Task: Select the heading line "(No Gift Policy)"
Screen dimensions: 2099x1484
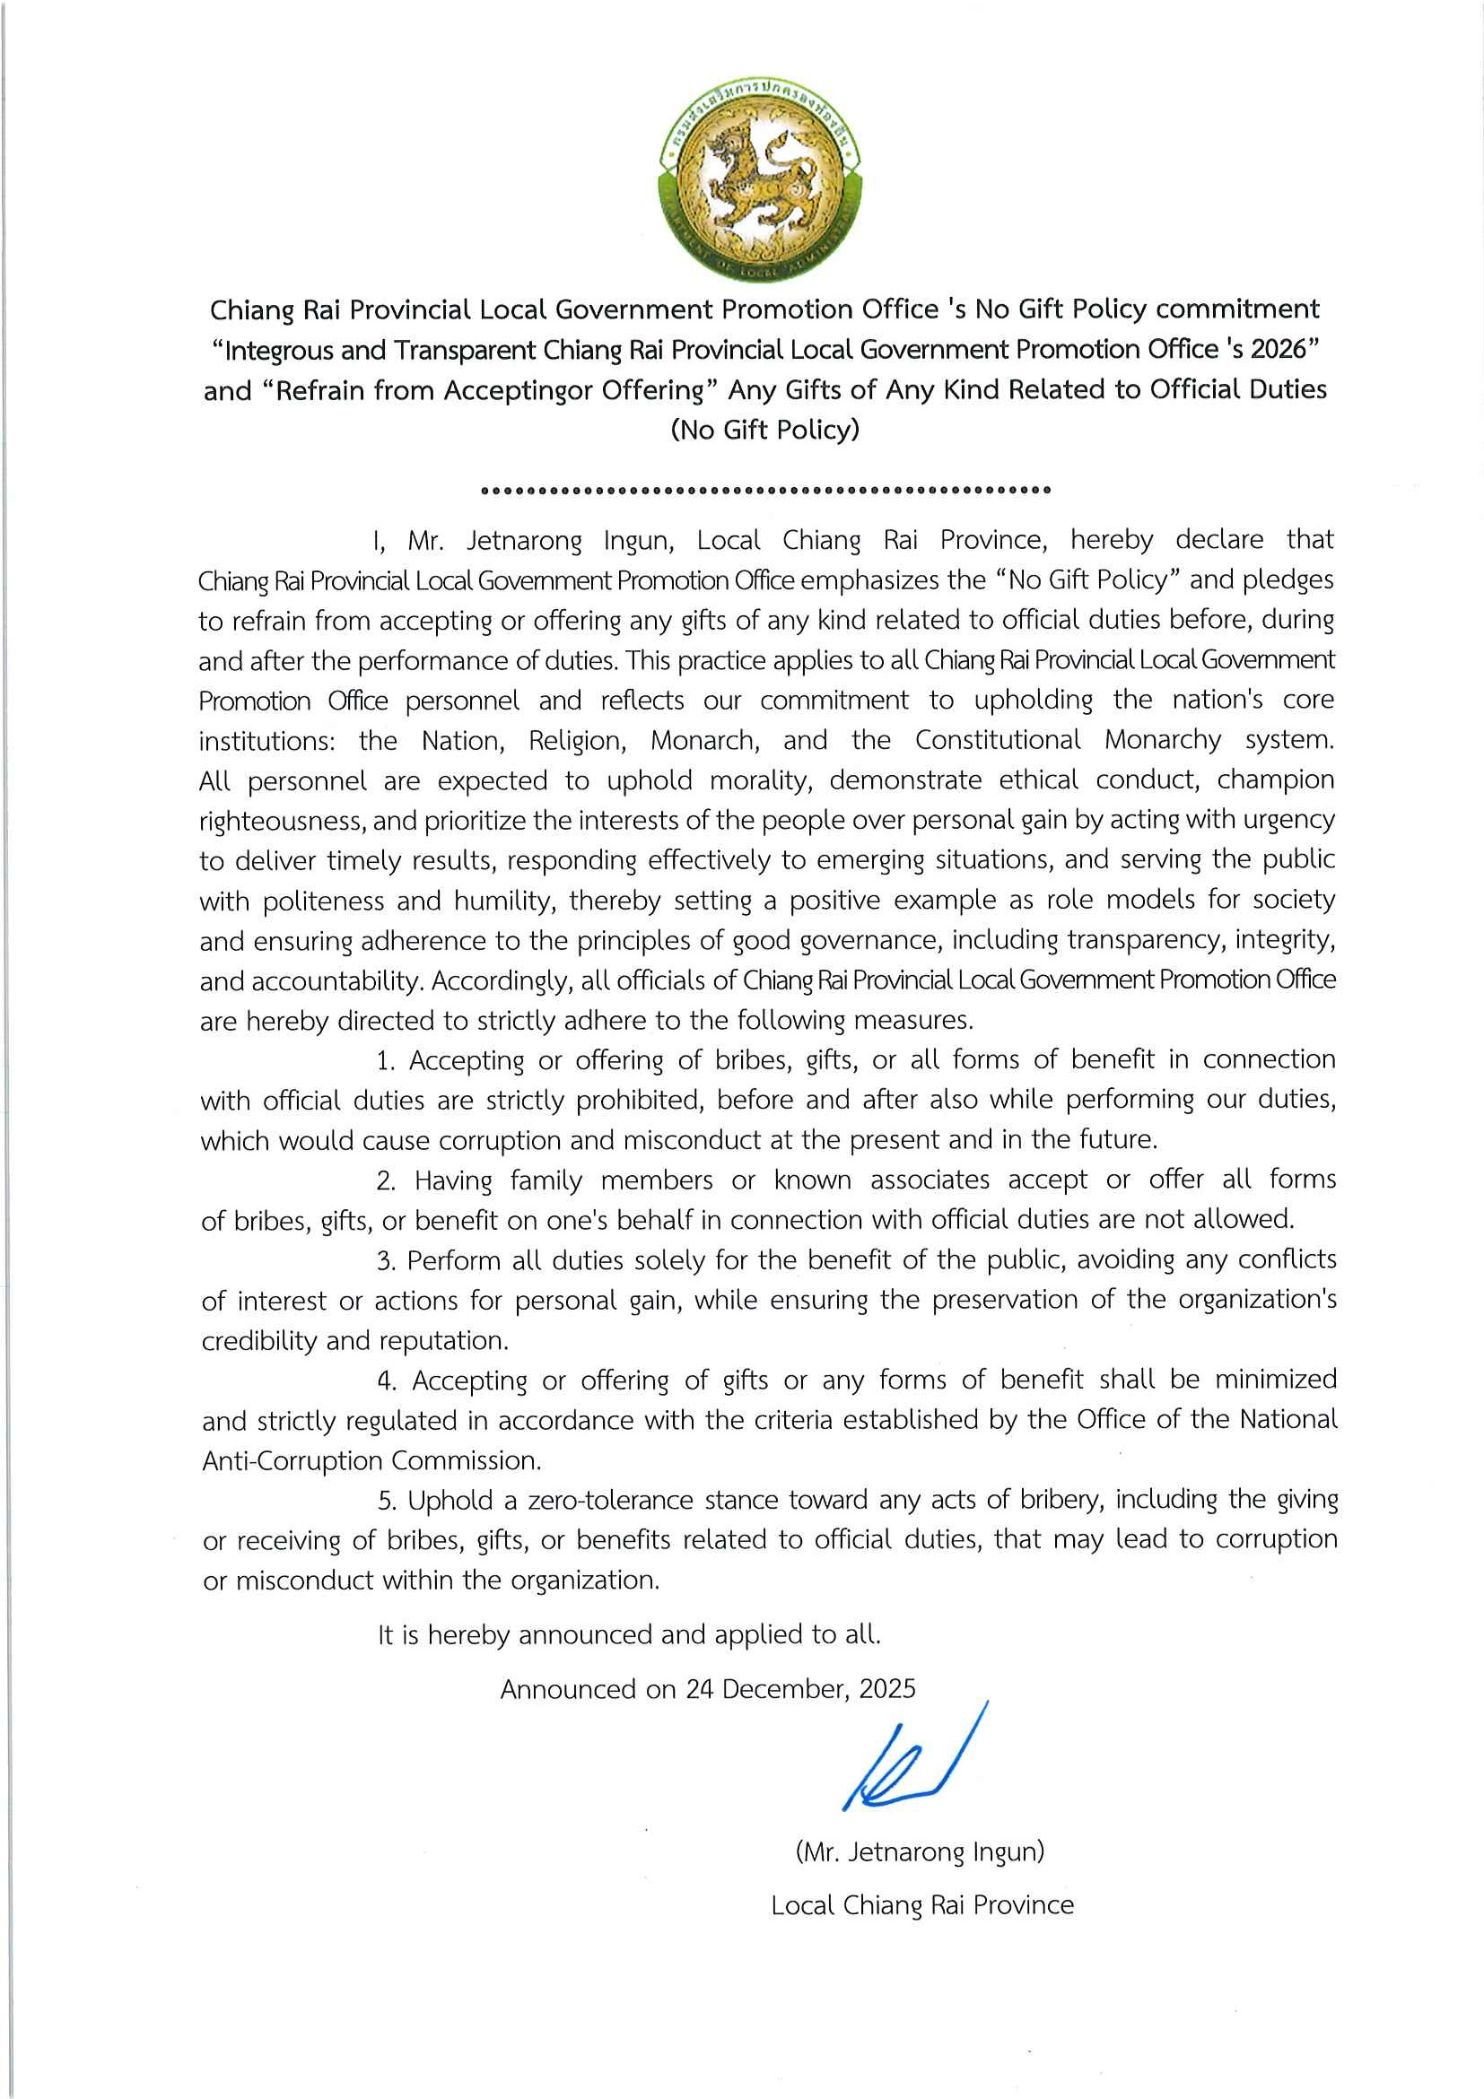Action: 764,430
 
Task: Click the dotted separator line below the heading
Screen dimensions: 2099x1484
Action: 764,490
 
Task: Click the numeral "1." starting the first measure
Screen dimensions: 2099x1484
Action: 385,1060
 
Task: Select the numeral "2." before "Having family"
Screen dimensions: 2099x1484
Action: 386,1180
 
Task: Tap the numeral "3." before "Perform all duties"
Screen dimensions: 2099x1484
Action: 386,1260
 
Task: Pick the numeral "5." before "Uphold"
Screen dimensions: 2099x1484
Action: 387,1500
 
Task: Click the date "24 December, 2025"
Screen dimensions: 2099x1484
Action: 800,1688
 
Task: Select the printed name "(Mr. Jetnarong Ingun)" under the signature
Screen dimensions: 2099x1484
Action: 920,1852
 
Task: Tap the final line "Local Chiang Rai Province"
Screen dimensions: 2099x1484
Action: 921,1905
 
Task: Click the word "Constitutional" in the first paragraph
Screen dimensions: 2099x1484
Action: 998,740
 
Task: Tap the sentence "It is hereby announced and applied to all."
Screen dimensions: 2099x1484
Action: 629,1634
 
